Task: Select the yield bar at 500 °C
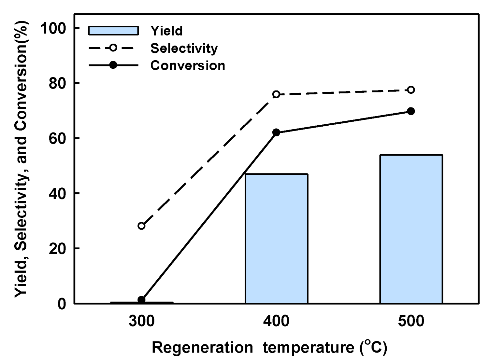[x=411, y=229]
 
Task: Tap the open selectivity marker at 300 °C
[x=141, y=226]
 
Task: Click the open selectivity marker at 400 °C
[x=276, y=94]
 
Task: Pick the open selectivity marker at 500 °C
[x=411, y=90]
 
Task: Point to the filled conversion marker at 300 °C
[x=141, y=299]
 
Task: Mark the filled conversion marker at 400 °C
[x=276, y=132]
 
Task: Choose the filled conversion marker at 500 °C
[x=411, y=111]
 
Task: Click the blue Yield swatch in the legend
[x=113, y=31]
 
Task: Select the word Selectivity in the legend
[x=184, y=48]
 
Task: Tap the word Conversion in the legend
[x=188, y=65]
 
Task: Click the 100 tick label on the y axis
[x=53, y=28]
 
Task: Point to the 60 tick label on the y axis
[x=57, y=138]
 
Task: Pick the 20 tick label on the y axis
[x=57, y=249]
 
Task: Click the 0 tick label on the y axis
[x=62, y=304]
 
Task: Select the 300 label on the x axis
[x=141, y=322]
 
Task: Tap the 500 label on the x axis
[x=411, y=322]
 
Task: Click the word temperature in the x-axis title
[x=308, y=348]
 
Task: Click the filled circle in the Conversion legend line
[x=113, y=65]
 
